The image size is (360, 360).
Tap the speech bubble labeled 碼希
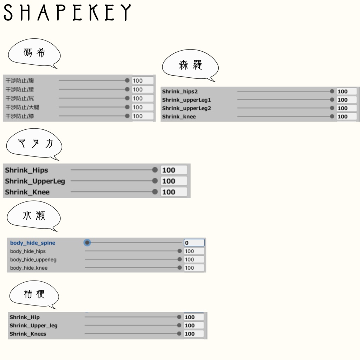tap(34, 53)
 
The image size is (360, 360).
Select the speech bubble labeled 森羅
tap(190, 65)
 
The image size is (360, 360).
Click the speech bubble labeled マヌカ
tap(34, 144)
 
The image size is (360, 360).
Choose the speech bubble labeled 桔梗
tap(34, 294)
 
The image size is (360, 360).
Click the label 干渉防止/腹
tap(20, 81)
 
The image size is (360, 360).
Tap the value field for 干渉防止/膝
tap(143, 116)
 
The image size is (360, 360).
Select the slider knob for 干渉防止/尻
tap(127, 98)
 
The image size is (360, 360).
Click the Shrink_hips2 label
tap(180, 91)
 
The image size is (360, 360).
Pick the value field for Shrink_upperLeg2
tap(346, 108)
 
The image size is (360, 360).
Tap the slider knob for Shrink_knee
tap(332, 116)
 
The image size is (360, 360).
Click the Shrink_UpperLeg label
tap(35, 181)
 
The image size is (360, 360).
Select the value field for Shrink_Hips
tap(174, 170)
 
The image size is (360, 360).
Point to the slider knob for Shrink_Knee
tap(155, 192)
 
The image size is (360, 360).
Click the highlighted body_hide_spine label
tap(33, 243)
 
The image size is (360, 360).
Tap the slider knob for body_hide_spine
tap(87, 243)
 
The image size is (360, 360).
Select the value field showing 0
tap(194, 243)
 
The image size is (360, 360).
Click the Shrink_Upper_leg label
tap(33, 326)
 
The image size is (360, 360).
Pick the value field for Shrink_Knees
tap(194, 334)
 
